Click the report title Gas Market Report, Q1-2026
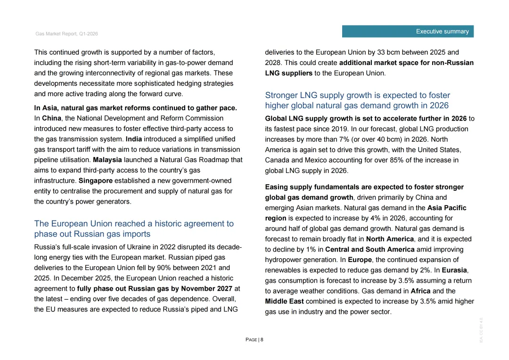66,34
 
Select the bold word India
134,139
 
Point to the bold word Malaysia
107,160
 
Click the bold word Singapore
96,180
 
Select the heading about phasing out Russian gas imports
134,229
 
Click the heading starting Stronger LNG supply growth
357,100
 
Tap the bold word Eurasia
454,270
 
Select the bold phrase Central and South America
370,249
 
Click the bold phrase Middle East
285,301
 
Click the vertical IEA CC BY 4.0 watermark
481,329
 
